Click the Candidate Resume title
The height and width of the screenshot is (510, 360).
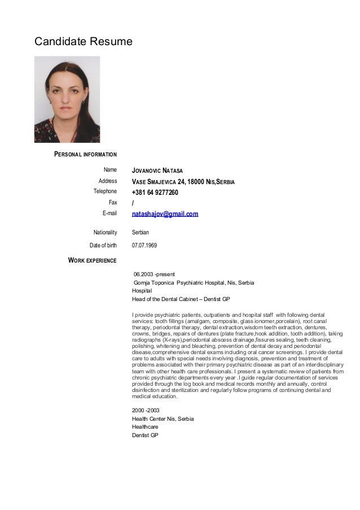84,41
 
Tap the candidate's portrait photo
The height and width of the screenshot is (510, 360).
67,99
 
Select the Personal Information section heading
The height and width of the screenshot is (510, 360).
85,154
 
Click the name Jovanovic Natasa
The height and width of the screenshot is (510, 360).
157,171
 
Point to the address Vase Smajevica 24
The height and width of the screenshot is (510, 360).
183,182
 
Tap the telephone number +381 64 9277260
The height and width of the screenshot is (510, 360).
155,193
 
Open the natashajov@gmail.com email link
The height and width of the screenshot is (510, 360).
165,214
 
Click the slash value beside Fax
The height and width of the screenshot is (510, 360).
133,203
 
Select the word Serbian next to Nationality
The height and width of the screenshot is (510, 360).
141,232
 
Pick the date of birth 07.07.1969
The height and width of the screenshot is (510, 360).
144,246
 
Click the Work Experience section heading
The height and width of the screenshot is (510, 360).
92,260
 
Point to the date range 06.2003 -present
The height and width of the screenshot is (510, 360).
153,274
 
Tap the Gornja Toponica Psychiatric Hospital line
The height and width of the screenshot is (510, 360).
193,282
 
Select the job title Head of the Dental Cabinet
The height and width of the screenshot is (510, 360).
181,299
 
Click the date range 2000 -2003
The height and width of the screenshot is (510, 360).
146,410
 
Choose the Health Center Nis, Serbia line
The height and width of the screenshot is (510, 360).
163,419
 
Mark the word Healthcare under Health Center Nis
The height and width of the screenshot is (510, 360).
145,427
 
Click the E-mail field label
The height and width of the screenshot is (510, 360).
109,213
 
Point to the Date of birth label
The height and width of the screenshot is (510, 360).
103,246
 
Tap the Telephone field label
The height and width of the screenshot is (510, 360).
105,191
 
